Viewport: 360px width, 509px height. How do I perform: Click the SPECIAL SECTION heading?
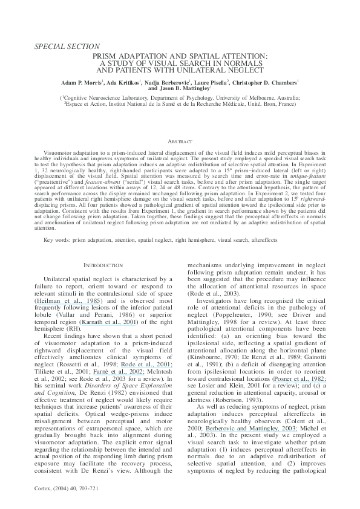[67, 46]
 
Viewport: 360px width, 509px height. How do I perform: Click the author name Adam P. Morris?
[82, 80]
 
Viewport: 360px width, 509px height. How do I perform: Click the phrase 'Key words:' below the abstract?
[57, 241]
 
